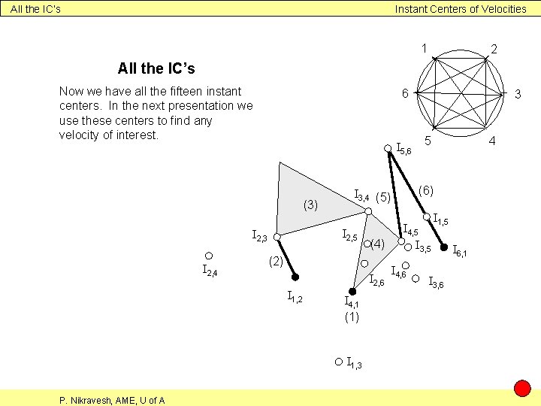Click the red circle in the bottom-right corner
[x=522, y=389]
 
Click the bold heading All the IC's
[x=156, y=68]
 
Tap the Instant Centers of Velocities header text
[x=461, y=9]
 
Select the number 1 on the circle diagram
[x=425, y=49]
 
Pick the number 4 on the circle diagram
[x=493, y=141]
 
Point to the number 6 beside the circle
[x=405, y=94]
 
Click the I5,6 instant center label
[x=403, y=149]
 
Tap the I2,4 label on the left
[x=210, y=271]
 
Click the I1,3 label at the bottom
[x=355, y=364]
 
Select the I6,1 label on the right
[x=459, y=250]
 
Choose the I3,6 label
[x=435, y=283]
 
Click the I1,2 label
[x=295, y=298]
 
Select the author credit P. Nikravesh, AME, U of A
[x=112, y=400]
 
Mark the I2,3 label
[x=259, y=238]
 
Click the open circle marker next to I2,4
[x=210, y=256]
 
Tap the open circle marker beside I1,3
[x=339, y=362]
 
